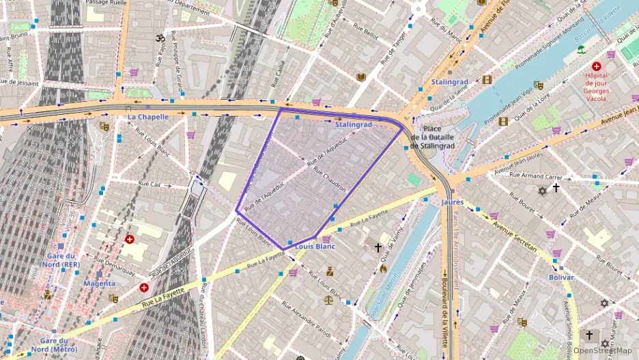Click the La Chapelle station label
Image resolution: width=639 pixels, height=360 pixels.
(x=148, y=117)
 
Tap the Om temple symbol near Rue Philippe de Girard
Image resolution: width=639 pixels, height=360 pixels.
(x=161, y=38)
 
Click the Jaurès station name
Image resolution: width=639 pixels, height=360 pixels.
(x=452, y=202)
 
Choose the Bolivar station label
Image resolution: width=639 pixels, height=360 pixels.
(x=561, y=277)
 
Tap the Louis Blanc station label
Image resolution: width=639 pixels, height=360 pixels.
(x=315, y=247)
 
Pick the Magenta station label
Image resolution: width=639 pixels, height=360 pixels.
(x=100, y=283)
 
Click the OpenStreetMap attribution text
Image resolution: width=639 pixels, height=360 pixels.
(x=602, y=350)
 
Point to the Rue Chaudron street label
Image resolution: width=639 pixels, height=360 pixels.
(x=330, y=180)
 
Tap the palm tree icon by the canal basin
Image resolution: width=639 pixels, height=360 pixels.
(x=581, y=49)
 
